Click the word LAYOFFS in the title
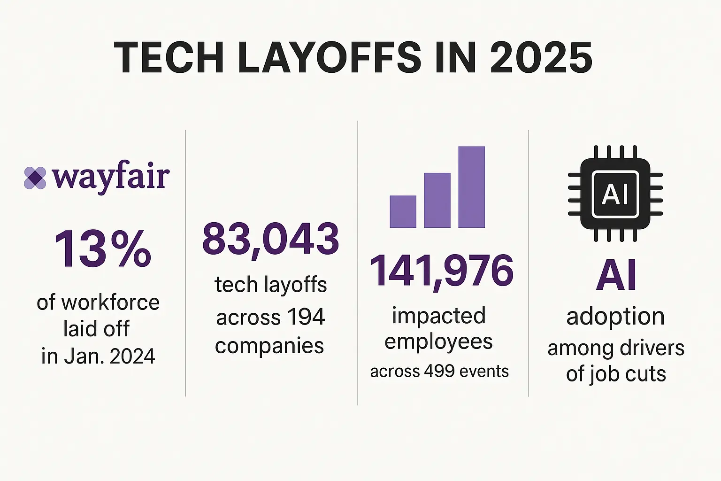point(330,58)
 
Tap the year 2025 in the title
point(541,58)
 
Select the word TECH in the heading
point(169,58)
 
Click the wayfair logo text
point(111,177)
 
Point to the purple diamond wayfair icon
point(35,178)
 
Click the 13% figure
point(102,249)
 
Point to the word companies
point(269,346)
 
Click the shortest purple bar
point(403,211)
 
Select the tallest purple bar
point(471,187)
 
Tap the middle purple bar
point(437,200)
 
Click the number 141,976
point(441,271)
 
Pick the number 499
point(439,371)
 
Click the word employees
point(438,342)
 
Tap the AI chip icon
point(615,194)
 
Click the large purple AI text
point(616,276)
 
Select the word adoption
point(615,317)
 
